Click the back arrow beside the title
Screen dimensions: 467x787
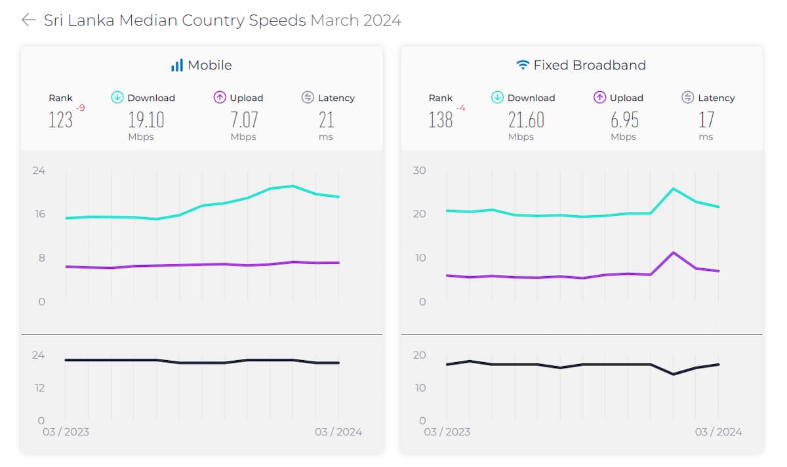pos(28,20)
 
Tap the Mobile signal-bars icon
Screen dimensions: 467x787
pos(176,65)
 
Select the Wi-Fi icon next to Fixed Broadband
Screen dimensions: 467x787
pos(523,65)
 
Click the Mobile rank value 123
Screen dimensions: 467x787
pos(60,120)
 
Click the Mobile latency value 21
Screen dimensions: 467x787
pos(327,120)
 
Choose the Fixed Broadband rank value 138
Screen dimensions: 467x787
pos(441,120)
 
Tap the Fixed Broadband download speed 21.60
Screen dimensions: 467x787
pos(527,120)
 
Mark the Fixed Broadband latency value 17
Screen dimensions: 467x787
pos(706,120)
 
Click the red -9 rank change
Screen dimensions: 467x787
pos(81,108)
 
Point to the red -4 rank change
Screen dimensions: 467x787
pos(460,108)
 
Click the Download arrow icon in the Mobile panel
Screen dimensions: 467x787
pos(117,98)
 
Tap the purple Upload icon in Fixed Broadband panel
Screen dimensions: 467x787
pos(599,98)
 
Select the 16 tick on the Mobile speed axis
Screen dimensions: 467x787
pos(39,214)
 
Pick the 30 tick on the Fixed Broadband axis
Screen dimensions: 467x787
pos(420,171)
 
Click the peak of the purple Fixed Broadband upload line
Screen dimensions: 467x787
pos(674,253)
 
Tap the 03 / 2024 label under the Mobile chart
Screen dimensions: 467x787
pos(338,432)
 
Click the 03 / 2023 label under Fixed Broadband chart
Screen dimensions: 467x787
pos(447,432)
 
